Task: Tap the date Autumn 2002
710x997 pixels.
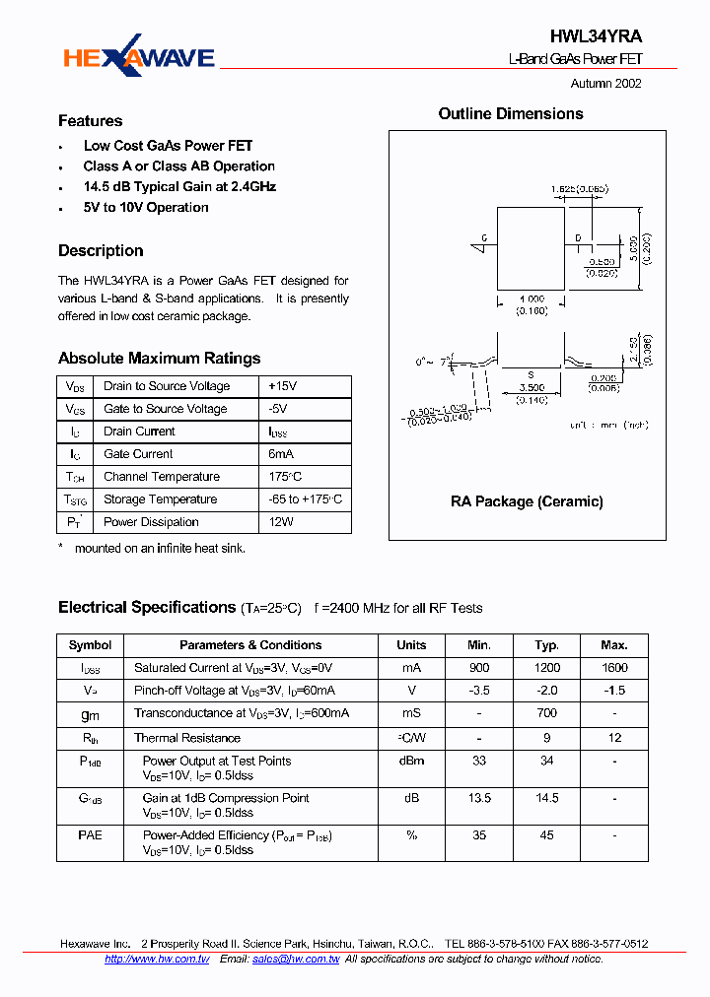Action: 605,84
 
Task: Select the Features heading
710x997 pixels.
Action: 91,121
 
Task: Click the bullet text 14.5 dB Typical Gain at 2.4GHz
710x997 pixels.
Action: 179,186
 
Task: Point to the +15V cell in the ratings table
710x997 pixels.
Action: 283,386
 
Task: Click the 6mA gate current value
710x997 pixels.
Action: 281,454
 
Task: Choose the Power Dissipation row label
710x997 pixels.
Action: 151,522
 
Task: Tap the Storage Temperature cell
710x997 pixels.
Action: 160,499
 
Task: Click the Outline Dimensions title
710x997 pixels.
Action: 511,114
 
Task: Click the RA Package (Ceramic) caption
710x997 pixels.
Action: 527,501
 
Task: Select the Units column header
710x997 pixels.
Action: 411,645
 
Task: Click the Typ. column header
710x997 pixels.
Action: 546,645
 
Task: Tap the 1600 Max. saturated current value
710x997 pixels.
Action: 613,668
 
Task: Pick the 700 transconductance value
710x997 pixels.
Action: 546,712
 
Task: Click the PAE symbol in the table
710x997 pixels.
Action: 90,835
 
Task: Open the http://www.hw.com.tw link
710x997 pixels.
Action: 157,959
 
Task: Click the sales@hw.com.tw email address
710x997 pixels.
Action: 296,959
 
